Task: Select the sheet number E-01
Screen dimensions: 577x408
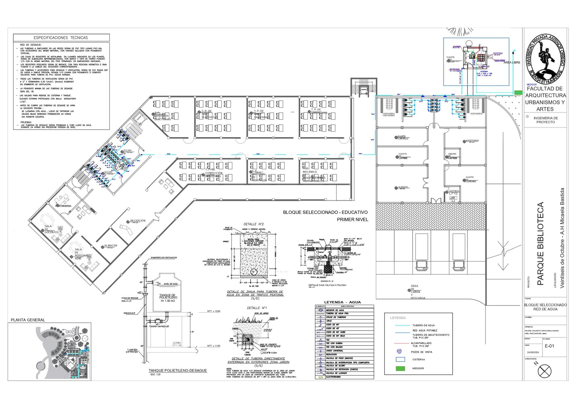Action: pyautogui.click(x=549, y=346)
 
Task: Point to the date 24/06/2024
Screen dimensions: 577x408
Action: pyautogui.click(x=533, y=352)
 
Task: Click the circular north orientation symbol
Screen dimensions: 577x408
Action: pyautogui.click(x=544, y=371)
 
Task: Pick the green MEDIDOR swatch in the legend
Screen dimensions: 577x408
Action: pyautogui.click(x=400, y=368)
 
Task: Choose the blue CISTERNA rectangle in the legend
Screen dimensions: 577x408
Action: pyautogui.click(x=400, y=359)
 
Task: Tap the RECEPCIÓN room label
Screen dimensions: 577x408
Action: pyautogui.click(x=138, y=221)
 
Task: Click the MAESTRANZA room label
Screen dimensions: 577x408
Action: pyautogui.click(x=472, y=141)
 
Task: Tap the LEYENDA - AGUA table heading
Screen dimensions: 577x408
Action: pyautogui.click(x=342, y=302)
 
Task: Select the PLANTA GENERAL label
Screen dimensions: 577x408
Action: pyautogui.click(x=28, y=320)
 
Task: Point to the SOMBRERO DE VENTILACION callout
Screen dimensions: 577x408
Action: pyautogui.click(x=164, y=258)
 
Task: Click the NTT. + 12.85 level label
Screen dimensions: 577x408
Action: pyautogui.click(x=214, y=311)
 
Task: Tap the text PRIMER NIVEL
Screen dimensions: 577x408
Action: pyautogui.click(x=352, y=220)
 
